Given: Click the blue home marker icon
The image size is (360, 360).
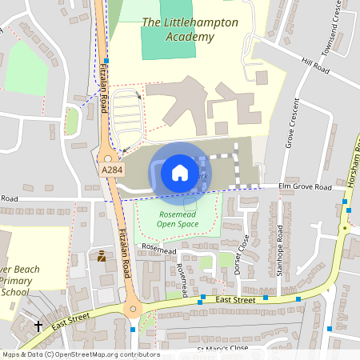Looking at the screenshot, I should point(180,172).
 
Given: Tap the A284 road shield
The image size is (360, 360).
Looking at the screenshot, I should point(113,170).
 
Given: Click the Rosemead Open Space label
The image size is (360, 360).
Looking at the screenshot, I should point(177,219).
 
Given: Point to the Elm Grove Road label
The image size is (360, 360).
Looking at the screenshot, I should point(305,187).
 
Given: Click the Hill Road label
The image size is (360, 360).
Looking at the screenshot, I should point(315,66).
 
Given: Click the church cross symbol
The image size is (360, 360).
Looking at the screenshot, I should point(38,326).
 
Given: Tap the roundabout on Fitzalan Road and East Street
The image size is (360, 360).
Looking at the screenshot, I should point(132,310).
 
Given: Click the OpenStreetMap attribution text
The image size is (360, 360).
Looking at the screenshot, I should point(80,354).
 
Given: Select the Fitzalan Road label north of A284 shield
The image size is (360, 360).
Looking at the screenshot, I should point(102,72).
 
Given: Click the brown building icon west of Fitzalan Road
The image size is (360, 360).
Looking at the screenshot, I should point(102,257).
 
